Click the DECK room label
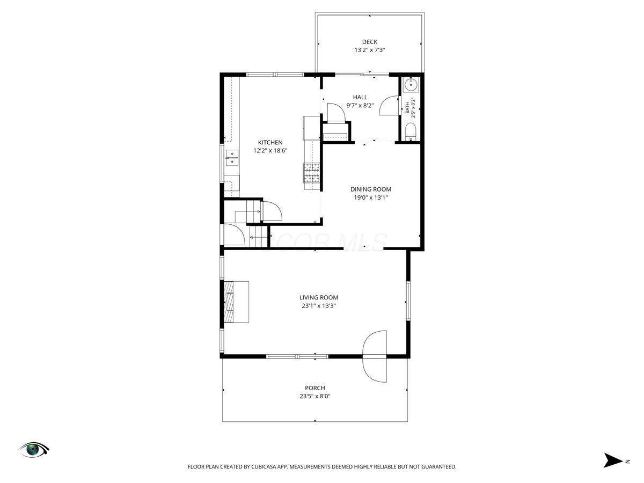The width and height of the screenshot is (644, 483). tap(369, 42)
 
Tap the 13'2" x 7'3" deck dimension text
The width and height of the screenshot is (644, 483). tap(369, 50)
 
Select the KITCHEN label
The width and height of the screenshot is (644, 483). tap(270, 143)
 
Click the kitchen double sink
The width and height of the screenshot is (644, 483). tap(232, 158)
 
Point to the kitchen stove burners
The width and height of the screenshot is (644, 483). tap(311, 173)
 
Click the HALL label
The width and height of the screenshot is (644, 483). tap(360, 97)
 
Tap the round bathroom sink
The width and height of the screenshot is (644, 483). tap(411, 85)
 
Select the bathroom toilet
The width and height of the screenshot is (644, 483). tap(410, 132)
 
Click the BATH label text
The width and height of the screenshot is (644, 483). tap(407, 108)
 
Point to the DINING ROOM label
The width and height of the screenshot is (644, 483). tap(371, 189)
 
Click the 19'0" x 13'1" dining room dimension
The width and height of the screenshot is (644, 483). tap(371, 197)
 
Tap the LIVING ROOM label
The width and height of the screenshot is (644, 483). tap(319, 298)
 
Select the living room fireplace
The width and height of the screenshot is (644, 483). tap(236, 302)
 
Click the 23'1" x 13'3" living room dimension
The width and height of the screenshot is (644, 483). tap(319, 306)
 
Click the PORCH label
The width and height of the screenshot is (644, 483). tap(315, 388)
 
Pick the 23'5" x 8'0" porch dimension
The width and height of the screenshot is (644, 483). tap(315, 397)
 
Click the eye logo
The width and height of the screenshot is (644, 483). tap(34, 450)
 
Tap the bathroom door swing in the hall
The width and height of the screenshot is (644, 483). tap(389, 106)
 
